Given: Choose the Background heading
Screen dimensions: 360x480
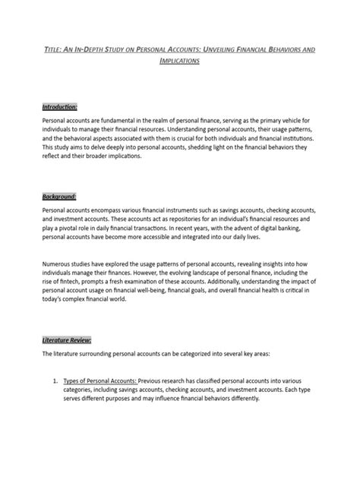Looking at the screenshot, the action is [59, 196].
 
